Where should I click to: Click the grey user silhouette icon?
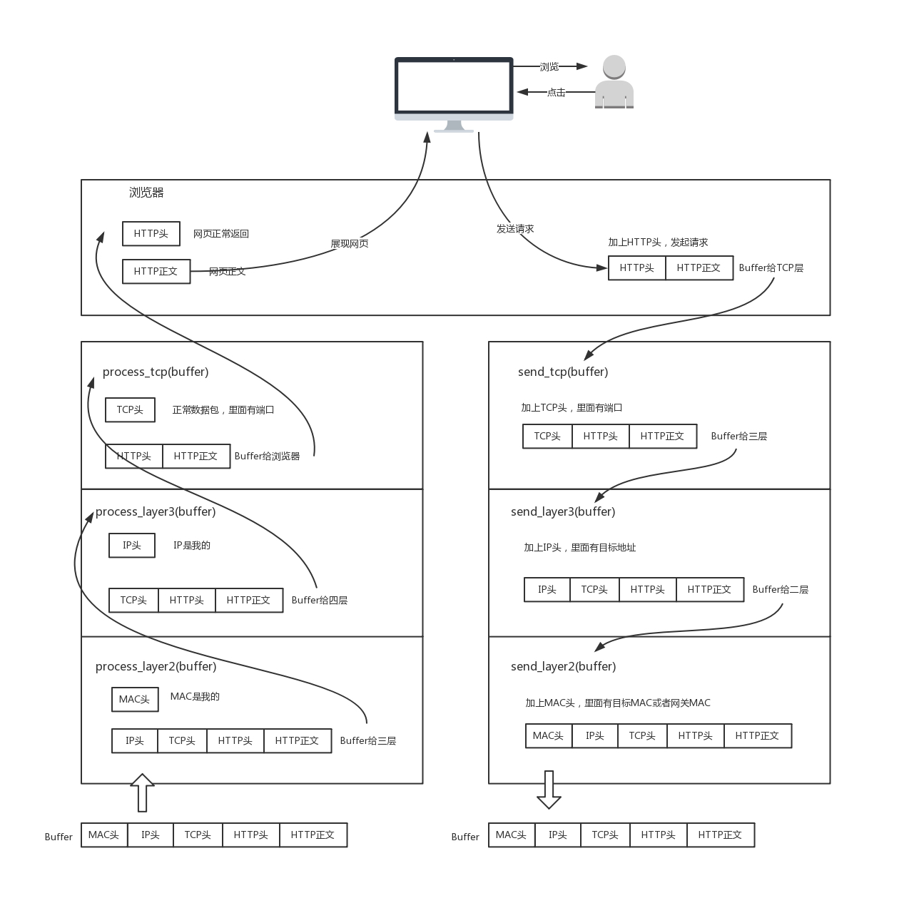pos(614,83)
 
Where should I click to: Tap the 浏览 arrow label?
pos(549,66)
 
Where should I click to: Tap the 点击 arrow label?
pos(556,92)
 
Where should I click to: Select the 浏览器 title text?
pos(146,193)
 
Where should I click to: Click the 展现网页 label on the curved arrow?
pos(349,244)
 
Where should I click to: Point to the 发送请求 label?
pos(515,229)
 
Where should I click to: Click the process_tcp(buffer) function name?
pos(156,372)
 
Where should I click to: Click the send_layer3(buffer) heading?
pos(563,511)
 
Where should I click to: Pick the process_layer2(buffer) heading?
pos(156,666)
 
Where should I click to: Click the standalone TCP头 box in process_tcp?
pos(130,410)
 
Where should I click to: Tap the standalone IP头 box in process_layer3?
pos(131,546)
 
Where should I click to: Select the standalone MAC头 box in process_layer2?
pos(134,699)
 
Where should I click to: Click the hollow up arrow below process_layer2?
pos(142,792)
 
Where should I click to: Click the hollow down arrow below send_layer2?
pos(549,789)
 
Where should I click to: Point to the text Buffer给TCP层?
pos(771,268)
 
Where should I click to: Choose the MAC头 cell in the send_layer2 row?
pos(548,736)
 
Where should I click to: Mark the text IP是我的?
pos(192,546)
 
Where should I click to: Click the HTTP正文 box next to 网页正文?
pos(156,272)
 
